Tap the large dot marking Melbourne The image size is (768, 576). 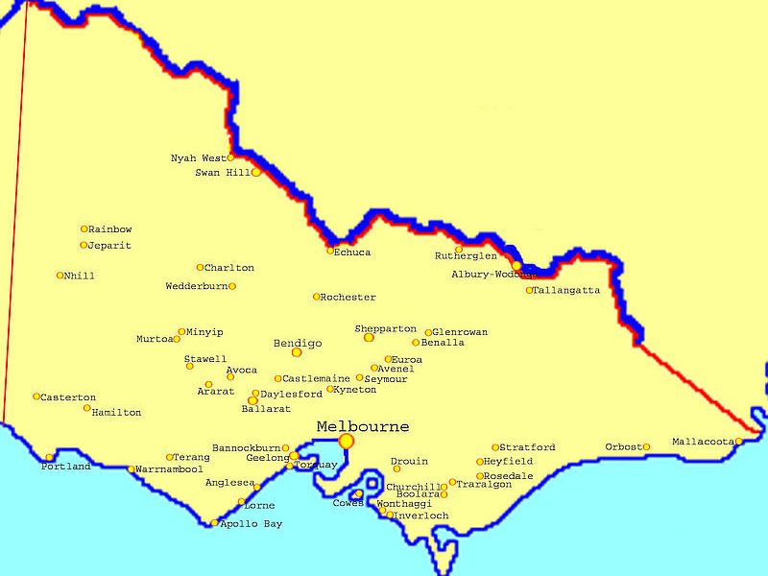tap(346, 441)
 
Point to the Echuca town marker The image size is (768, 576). tap(330, 251)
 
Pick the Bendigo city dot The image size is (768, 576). tap(297, 352)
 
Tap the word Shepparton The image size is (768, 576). tap(385, 328)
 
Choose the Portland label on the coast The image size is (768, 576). tap(65, 467)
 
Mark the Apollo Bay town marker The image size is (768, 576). tap(214, 523)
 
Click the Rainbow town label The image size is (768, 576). tap(109, 229)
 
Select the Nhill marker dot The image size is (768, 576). tap(60, 276)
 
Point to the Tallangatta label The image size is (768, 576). tap(566, 290)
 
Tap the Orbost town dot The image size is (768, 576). tap(646, 446)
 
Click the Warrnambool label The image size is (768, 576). tap(169, 469)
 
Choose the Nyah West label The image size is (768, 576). tap(198, 157)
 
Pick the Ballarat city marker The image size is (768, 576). tap(252, 400)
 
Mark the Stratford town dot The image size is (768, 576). tap(495, 447)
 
